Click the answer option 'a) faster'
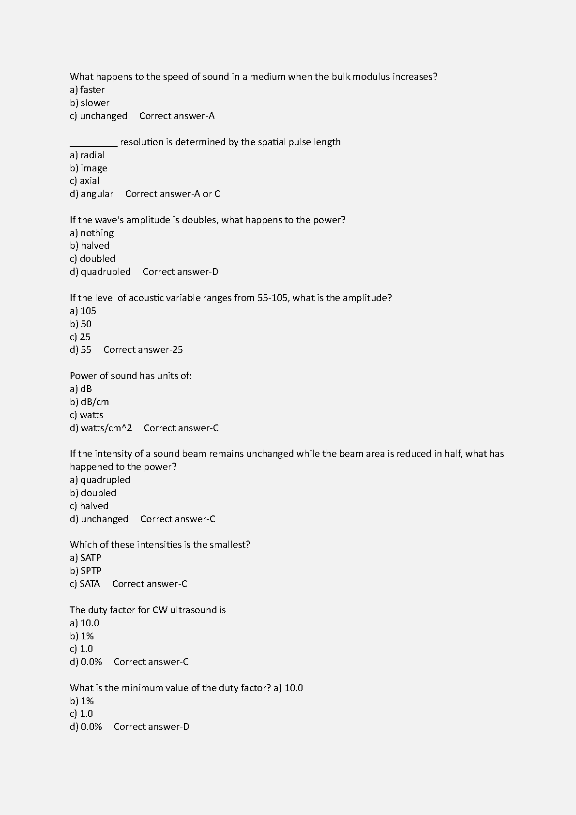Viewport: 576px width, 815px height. (x=87, y=90)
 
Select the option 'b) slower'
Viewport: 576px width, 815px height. (x=90, y=103)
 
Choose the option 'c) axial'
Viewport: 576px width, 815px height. (x=85, y=181)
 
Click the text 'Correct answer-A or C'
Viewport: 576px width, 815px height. (x=172, y=194)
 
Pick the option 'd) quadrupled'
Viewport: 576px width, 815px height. (x=100, y=272)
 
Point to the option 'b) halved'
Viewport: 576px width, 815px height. (x=90, y=245)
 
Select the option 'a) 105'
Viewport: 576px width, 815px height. (x=83, y=311)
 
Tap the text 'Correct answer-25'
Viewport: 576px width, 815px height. (x=143, y=349)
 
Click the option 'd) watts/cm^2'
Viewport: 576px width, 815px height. (x=101, y=428)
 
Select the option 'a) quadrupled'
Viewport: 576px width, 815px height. (x=100, y=480)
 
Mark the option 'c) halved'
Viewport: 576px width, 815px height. (x=89, y=506)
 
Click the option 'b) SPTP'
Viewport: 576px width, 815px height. (x=86, y=571)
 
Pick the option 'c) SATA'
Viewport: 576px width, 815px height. (x=85, y=584)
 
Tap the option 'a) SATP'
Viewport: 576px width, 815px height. (x=85, y=558)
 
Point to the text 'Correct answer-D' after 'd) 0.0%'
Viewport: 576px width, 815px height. (x=152, y=726)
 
